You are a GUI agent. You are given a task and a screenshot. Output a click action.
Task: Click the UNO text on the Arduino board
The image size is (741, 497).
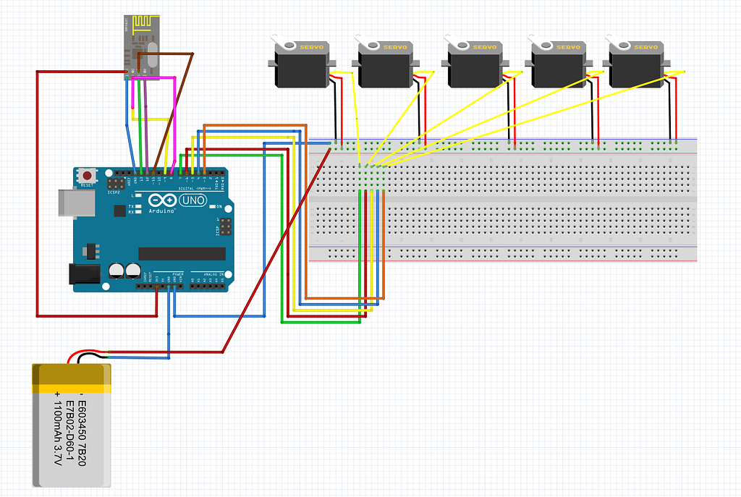coord(193,200)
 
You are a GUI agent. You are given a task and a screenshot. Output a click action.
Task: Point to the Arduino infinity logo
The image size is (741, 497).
coord(162,200)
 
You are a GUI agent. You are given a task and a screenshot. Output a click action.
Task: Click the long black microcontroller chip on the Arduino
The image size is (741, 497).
coord(182,253)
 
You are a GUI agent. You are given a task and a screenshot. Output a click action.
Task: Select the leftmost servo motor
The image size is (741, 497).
coord(300,65)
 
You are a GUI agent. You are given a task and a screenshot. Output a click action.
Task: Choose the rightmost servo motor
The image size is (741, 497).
coord(635,65)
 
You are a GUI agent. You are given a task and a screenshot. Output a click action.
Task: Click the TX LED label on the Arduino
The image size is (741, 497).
coord(131,206)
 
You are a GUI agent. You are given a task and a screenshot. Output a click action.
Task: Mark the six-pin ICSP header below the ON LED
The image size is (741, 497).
coord(226,227)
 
